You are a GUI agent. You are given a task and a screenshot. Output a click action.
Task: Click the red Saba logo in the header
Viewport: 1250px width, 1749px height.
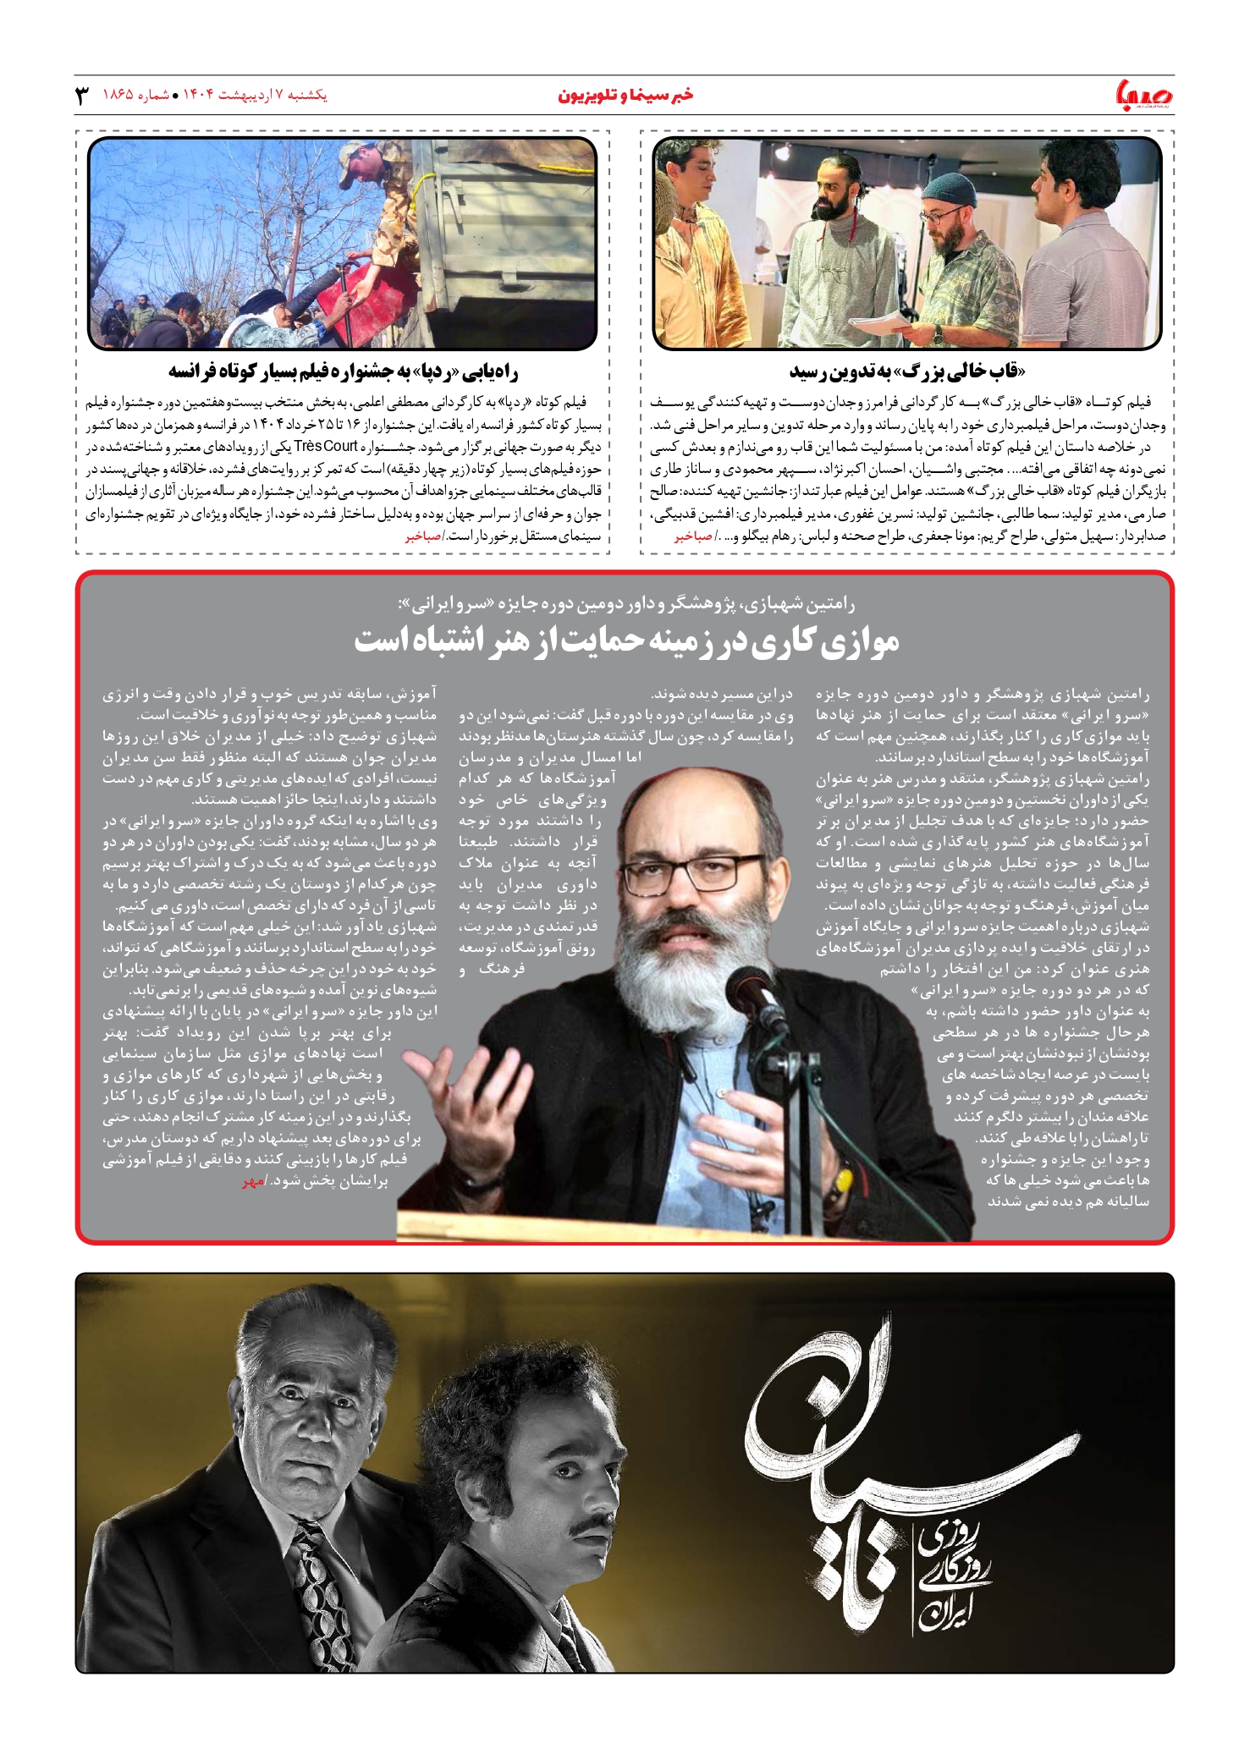1145,95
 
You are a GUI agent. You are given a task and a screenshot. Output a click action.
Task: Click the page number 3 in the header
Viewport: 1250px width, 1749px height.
83,95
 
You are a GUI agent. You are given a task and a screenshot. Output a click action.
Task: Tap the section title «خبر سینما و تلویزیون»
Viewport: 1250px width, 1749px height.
625,95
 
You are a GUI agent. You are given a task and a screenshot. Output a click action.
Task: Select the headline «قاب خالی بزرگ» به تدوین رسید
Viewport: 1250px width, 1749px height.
906,371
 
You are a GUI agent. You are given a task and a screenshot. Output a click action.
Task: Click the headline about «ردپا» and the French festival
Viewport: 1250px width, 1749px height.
343,371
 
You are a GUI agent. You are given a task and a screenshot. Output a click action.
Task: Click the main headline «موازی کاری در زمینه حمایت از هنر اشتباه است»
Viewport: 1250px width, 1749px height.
626,641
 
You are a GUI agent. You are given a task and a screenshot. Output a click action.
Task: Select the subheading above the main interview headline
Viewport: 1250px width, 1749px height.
626,604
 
